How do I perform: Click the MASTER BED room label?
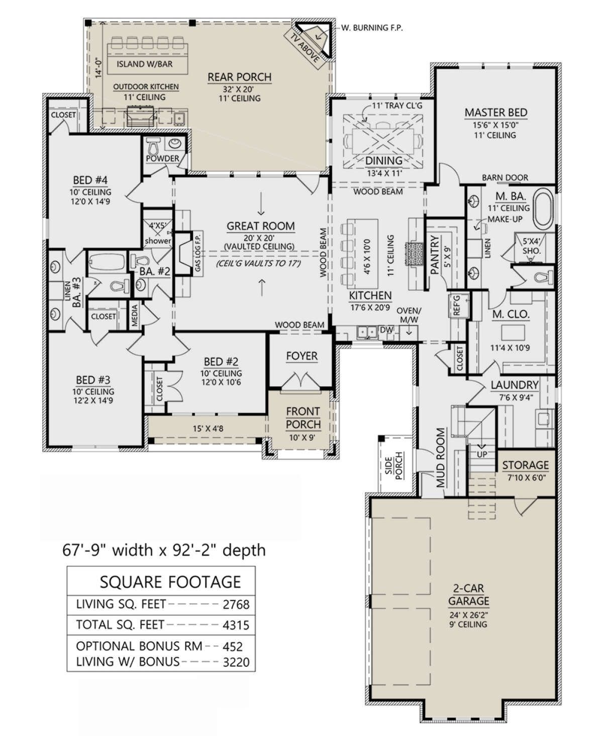pyautogui.click(x=495, y=113)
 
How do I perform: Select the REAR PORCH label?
pyautogui.click(x=239, y=77)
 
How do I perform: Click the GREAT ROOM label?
pyautogui.click(x=260, y=226)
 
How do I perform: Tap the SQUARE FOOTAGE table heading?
pyautogui.click(x=170, y=582)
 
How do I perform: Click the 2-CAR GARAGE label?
pyautogui.click(x=468, y=594)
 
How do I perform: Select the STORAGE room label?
pyautogui.click(x=525, y=466)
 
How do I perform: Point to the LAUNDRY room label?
pyautogui.click(x=514, y=385)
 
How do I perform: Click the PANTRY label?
pyautogui.click(x=435, y=255)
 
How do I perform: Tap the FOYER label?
pyautogui.click(x=301, y=356)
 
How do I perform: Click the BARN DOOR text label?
pyautogui.click(x=505, y=177)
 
